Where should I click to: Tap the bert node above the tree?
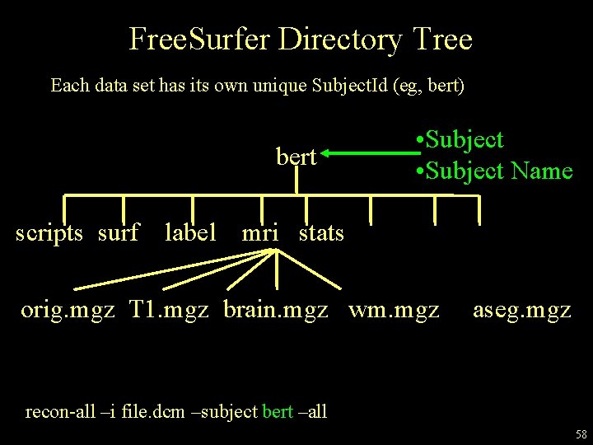click(x=296, y=156)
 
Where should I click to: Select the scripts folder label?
click(x=49, y=233)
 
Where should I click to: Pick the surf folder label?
click(x=119, y=233)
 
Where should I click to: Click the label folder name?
click(x=190, y=233)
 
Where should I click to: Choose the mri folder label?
click(x=260, y=233)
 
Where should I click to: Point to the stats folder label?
click(x=321, y=233)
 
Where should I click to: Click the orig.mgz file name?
click(x=68, y=311)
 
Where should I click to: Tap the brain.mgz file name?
click(x=276, y=311)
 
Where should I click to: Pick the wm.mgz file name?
click(x=394, y=311)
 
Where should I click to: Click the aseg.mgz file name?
click(x=521, y=311)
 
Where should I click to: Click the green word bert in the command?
click(x=277, y=411)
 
